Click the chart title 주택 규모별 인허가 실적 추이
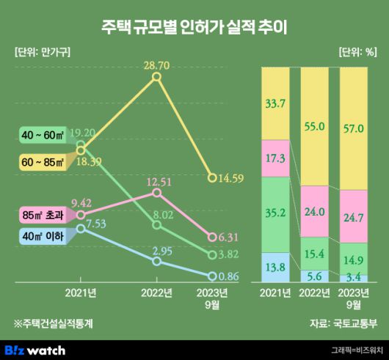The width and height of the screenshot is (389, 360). coord(194,27)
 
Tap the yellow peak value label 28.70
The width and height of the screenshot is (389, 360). coord(156,65)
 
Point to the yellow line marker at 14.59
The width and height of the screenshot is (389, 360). coord(213,177)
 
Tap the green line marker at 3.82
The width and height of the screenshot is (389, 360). coord(213,254)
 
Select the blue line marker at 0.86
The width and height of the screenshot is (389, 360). coord(213,276)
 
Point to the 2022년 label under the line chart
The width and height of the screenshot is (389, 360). coord(156,294)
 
